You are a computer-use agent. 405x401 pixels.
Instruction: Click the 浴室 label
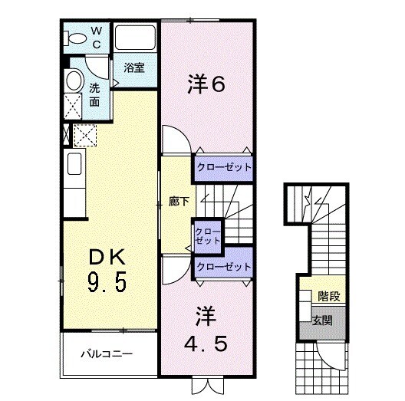point(135,67)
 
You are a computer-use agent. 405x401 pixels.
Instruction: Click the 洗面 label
point(94,94)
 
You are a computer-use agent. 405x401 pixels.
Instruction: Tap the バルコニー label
point(108,354)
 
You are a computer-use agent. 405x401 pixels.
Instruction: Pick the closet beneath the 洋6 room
point(222,166)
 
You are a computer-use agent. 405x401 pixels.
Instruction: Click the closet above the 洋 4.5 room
point(224,267)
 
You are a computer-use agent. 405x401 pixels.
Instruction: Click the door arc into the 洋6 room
point(173,143)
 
